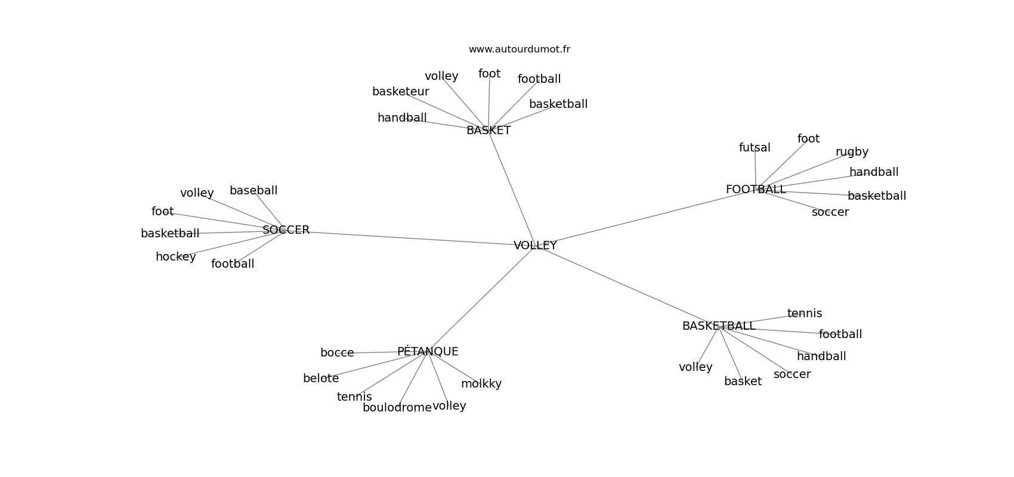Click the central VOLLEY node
click(x=534, y=245)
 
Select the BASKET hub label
click(x=489, y=131)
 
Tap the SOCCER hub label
click(x=286, y=230)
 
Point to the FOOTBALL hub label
click(x=756, y=189)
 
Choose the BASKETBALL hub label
click(x=718, y=326)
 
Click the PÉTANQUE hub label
click(x=428, y=351)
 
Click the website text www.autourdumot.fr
click(x=519, y=49)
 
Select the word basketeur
click(x=401, y=91)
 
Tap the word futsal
click(x=755, y=147)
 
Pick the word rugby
click(x=852, y=152)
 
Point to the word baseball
click(x=253, y=191)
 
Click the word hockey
click(x=175, y=257)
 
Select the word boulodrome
click(x=397, y=408)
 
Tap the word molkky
click(x=481, y=384)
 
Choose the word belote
click(x=321, y=379)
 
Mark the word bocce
click(x=337, y=352)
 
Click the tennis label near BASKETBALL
click(x=805, y=313)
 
